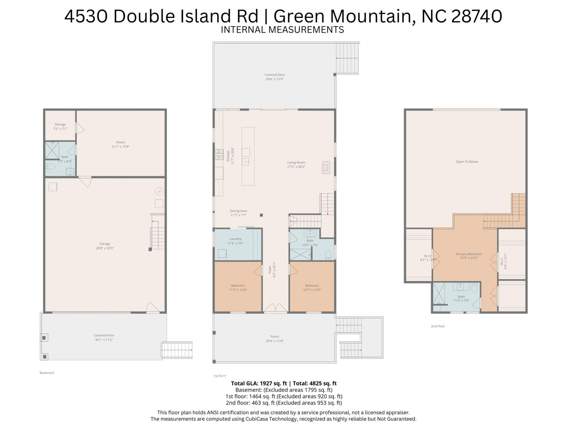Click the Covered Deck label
[275, 75]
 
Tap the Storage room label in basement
[60, 125]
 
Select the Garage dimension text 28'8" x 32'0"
[105, 248]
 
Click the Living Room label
[296, 163]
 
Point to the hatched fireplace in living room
[326, 167]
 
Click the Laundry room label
[235, 239]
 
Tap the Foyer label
[270, 269]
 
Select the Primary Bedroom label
[469, 254]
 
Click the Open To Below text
[467, 162]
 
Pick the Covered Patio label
[104, 336]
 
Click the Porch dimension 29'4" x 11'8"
[275, 341]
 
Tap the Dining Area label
[238, 211]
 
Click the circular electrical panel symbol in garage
[159, 191]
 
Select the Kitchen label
[228, 156]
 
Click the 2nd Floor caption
[438, 326]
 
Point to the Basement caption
[47, 373]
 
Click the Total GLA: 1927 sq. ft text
[259, 383]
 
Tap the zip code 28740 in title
[477, 16]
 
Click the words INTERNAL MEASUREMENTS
[282, 30]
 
